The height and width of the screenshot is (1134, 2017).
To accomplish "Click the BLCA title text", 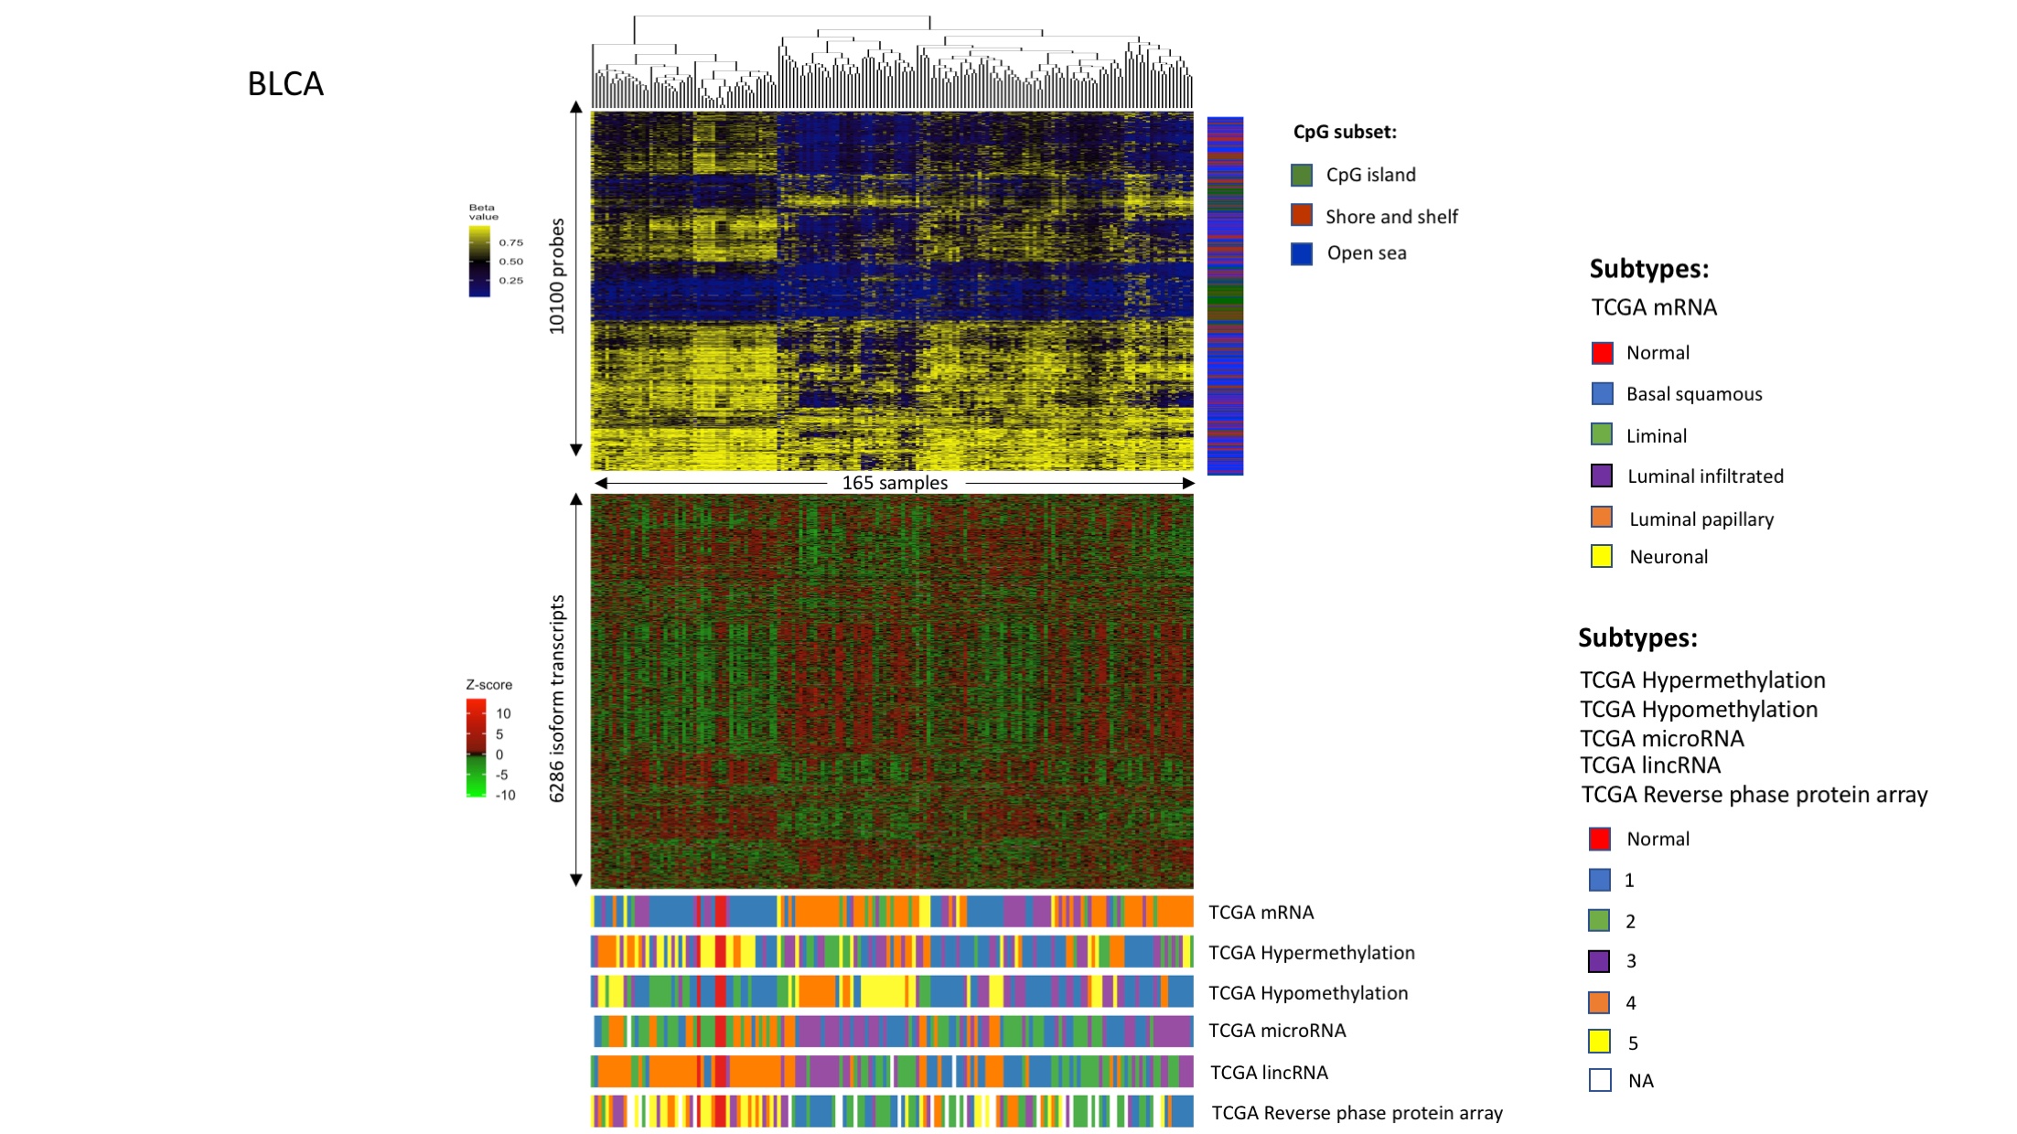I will point(285,84).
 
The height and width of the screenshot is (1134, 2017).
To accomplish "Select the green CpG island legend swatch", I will point(1301,175).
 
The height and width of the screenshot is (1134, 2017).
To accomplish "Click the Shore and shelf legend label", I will point(1390,217).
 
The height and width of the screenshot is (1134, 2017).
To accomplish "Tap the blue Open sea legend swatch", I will point(1301,253).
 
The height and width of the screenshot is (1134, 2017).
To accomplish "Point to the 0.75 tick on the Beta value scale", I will point(510,242).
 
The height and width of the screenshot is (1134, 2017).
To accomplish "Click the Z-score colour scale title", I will point(489,684).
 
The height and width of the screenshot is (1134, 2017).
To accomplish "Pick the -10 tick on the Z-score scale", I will point(505,795).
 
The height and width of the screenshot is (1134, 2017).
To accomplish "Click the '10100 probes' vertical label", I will point(556,276).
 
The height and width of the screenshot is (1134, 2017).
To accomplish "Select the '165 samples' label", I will point(895,483).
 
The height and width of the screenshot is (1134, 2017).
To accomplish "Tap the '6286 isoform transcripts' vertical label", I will point(556,699).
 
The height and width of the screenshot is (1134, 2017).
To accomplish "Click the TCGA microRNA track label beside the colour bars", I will point(1277,1031).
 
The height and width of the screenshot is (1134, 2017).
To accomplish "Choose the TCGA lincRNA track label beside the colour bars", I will point(1269,1072).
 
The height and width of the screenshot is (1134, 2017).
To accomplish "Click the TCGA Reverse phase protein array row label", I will point(1357,1113).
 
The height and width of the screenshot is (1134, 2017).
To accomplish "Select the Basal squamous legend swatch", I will point(1602,393).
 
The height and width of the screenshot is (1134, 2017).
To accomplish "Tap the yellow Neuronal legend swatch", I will point(1602,556).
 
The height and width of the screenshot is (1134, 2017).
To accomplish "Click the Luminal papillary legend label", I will point(1701,519).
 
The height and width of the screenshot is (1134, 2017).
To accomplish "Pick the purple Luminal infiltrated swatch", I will point(1602,476).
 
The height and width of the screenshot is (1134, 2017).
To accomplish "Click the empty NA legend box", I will point(1600,1080).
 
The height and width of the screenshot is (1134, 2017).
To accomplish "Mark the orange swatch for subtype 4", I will point(1600,1002).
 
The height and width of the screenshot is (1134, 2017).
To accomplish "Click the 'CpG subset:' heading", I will point(1345,132).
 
